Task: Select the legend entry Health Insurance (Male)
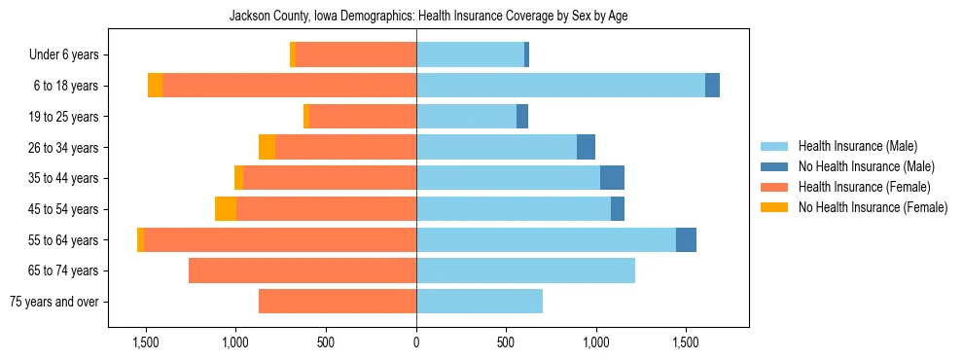click(x=857, y=146)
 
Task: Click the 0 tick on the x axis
click(x=416, y=342)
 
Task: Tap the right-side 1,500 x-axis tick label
click(x=686, y=342)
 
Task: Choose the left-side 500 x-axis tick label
click(x=326, y=342)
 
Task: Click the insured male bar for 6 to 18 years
click(x=560, y=86)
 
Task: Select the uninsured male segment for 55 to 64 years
click(x=686, y=240)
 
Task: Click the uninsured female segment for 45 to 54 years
click(x=226, y=209)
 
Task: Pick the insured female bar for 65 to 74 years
click(x=303, y=270)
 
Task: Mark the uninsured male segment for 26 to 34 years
click(x=586, y=148)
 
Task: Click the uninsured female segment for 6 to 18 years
click(x=155, y=86)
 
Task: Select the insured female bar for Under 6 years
click(x=356, y=55)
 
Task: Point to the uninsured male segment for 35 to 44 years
click(x=612, y=178)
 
